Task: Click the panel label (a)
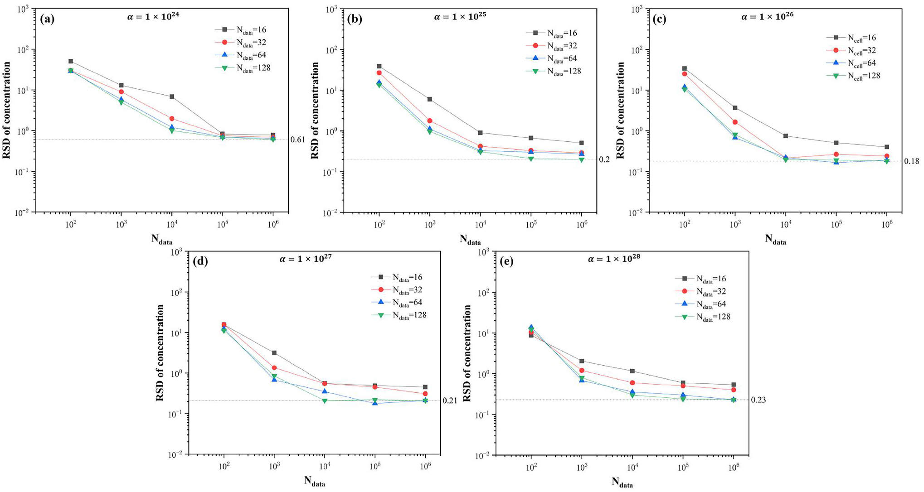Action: click(x=47, y=19)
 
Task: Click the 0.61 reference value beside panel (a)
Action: click(x=297, y=140)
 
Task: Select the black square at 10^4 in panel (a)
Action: click(x=172, y=96)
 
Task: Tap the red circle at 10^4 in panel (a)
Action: click(x=172, y=119)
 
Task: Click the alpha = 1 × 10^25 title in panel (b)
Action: click(x=460, y=17)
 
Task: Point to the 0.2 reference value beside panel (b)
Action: click(x=604, y=159)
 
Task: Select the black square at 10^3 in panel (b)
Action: click(x=430, y=99)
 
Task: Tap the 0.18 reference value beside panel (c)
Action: click(x=911, y=161)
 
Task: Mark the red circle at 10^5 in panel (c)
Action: click(x=836, y=154)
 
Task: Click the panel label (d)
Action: click(x=200, y=261)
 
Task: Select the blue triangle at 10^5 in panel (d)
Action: click(x=375, y=402)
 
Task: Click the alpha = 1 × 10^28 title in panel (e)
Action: click(x=614, y=259)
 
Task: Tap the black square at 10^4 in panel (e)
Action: click(x=632, y=371)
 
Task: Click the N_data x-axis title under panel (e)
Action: click(x=622, y=482)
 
